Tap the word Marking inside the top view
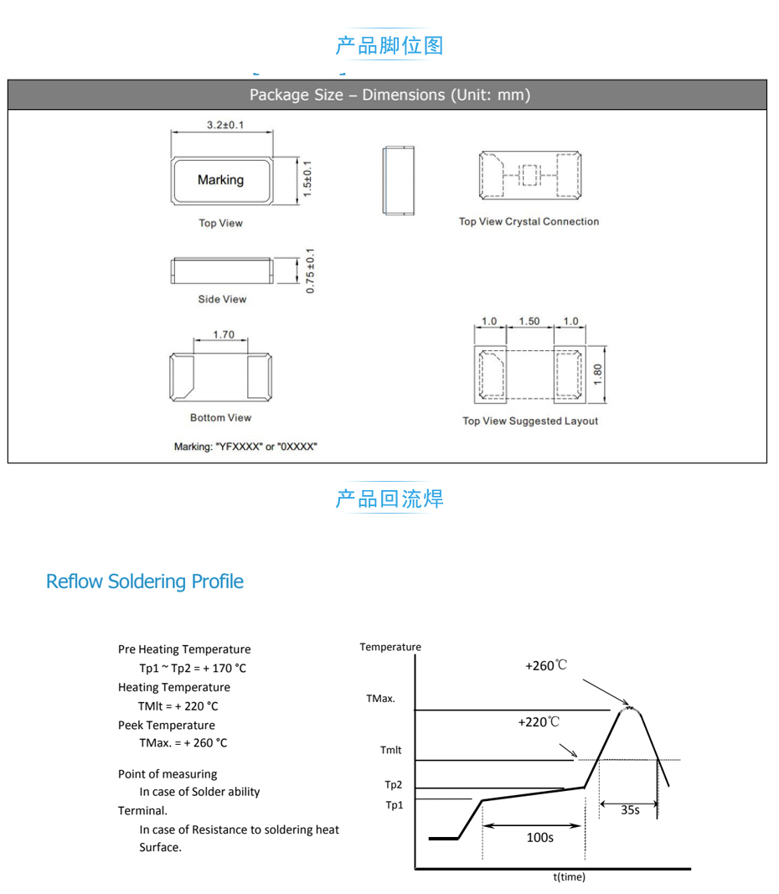point(220,180)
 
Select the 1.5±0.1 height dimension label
point(307,180)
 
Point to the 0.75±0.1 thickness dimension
point(310,270)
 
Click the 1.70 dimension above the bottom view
point(224,334)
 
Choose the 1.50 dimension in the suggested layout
point(529,322)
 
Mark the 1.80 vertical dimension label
point(597,373)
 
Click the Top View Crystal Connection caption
point(529,222)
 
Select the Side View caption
point(222,299)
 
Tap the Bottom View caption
point(220,418)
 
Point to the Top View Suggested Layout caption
point(530,421)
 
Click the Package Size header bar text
point(389,95)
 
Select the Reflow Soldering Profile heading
point(145,581)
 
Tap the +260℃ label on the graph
point(546,666)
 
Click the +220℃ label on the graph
point(539,721)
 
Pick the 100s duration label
point(539,837)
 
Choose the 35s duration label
point(630,810)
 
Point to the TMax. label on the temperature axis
point(380,698)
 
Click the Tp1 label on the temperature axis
point(394,805)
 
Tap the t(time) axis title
point(569,877)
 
